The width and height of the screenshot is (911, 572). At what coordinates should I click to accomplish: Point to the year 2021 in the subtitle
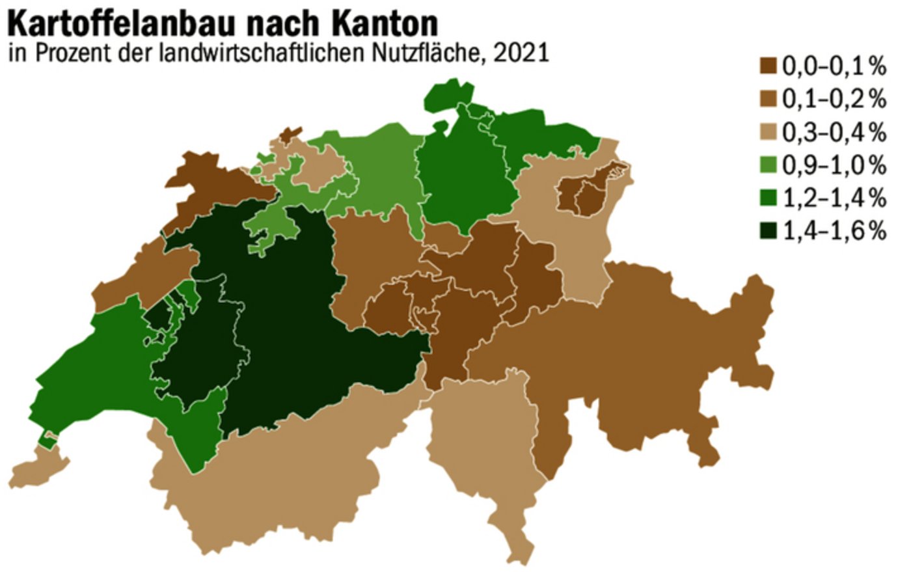521,53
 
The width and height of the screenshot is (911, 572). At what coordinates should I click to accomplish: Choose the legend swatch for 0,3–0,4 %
769,131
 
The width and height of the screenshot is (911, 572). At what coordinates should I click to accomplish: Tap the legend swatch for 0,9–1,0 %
769,165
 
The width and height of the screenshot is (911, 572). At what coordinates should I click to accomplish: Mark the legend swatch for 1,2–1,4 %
769,198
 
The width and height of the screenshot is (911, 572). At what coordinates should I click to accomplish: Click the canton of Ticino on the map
482,449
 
